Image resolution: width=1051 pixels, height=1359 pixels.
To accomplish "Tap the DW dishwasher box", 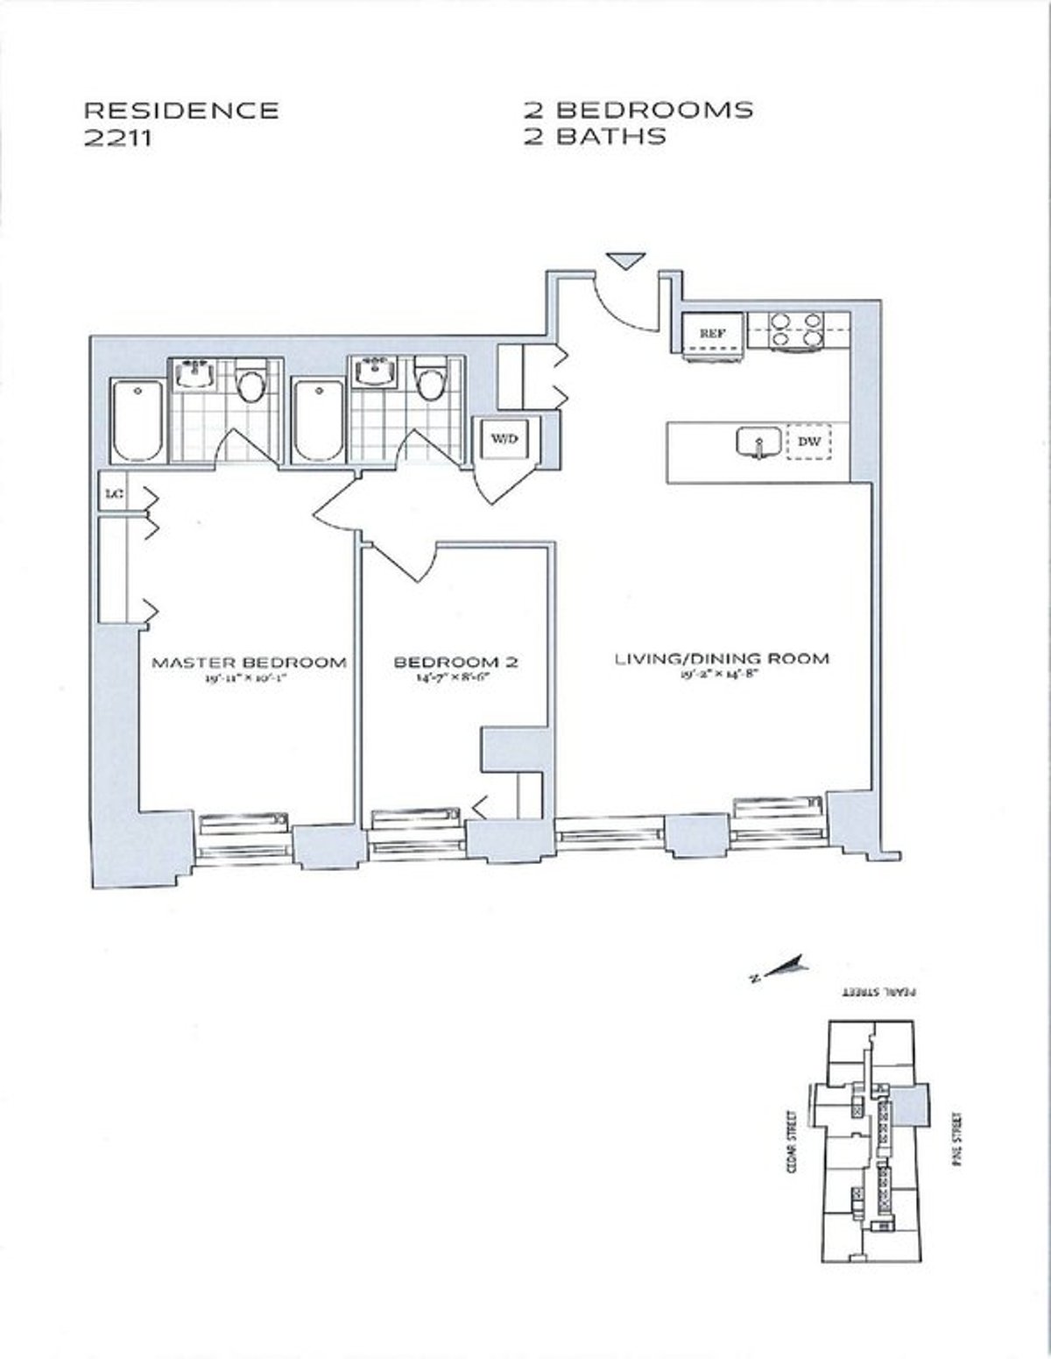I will pyautogui.click(x=810, y=443).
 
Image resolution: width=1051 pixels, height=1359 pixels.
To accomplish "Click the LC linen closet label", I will pyautogui.click(x=112, y=494).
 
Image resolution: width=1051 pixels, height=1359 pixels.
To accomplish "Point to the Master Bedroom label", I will pyautogui.click(x=249, y=662).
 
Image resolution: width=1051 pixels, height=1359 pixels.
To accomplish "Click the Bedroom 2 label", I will pyautogui.click(x=455, y=662).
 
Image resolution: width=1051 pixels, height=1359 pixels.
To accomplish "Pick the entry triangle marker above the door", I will pyautogui.click(x=627, y=261).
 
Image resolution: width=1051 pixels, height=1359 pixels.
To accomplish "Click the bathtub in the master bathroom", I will pyautogui.click(x=138, y=420).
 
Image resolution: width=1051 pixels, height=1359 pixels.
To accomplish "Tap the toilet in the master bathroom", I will pyautogui.click(x=252, y=383).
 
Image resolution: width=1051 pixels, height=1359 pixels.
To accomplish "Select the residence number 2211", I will pyautogui.click(x=117, y=137).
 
